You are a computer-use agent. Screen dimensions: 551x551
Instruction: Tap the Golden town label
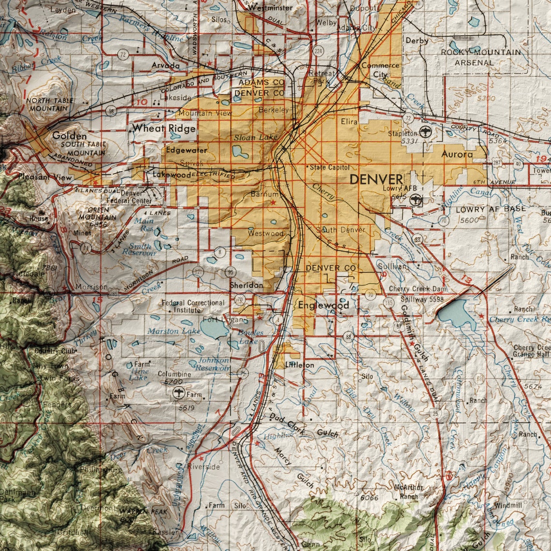[x=70, y=136]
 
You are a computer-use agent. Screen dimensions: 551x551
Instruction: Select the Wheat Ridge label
[x=164, y=128]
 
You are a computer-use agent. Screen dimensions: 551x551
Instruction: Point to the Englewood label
[x=323, y=305]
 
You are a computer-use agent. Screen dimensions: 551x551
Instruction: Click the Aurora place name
[x=457, y=154]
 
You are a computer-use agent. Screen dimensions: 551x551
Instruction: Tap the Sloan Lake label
[x=256, y=137]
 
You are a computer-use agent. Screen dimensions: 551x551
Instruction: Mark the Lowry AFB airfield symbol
[x=415, y=199]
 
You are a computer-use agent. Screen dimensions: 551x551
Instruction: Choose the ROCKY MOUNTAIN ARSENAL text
[x=480, y=57]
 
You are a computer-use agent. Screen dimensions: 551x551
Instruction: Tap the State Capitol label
[x=330, y=167]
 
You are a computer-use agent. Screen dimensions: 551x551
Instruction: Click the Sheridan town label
[x=246, y=285]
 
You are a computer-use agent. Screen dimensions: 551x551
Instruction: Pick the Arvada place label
[x=165, y=65]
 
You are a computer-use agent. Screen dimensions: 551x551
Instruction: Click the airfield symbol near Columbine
[x=178, y=393]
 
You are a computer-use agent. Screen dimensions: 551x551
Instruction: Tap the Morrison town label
[x=91, y=287]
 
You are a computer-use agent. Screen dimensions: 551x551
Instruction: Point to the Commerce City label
[x=380, y=70]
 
